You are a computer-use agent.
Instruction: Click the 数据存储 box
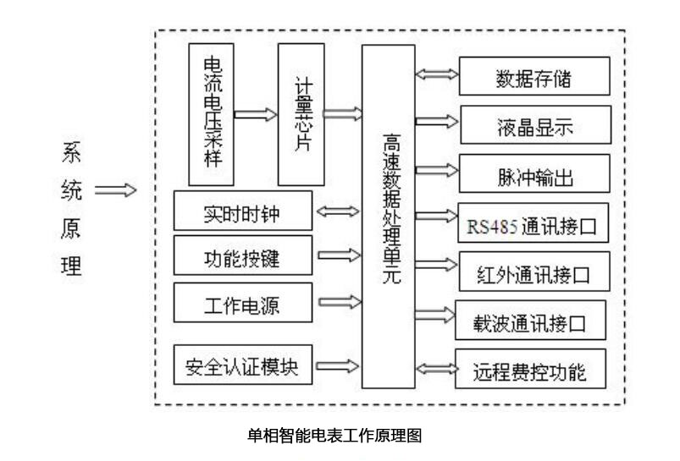tap(533, 80)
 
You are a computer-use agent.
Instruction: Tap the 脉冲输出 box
tap(533, 178)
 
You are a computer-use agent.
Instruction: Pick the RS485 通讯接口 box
tap(533, 225)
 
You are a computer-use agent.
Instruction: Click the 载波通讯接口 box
tap(531, 321)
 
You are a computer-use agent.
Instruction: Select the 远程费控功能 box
tap(531, 370)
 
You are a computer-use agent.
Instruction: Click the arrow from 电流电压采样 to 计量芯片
tap(255, 113)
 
